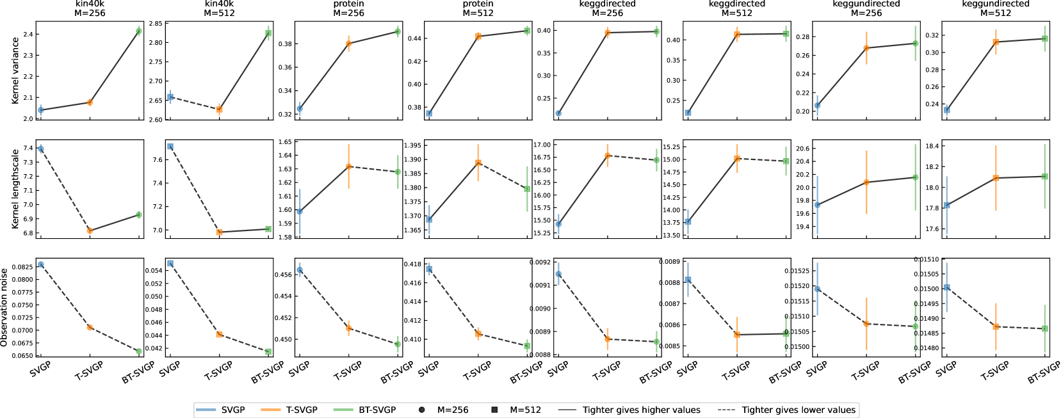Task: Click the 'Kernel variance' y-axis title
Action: tap(15, 70)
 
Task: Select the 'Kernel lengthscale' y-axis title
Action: tap(15, 189)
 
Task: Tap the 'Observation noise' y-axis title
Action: tap(5, 308)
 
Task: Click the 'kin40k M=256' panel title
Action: tap(90, 8)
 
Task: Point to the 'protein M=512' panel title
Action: tap(478, 8)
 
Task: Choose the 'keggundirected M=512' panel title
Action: tap(995, 8)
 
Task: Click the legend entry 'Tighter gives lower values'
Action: tap(798, 410)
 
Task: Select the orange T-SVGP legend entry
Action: tap(289, 410)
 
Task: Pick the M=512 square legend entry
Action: tap(517, 410)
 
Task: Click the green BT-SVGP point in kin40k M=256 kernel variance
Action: tap(139, 31)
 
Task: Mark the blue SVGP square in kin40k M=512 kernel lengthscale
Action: tap(170, 147)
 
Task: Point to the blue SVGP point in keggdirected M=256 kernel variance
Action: tap(558, 113)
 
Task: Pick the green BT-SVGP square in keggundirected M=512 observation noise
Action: tap(1045, 328)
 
